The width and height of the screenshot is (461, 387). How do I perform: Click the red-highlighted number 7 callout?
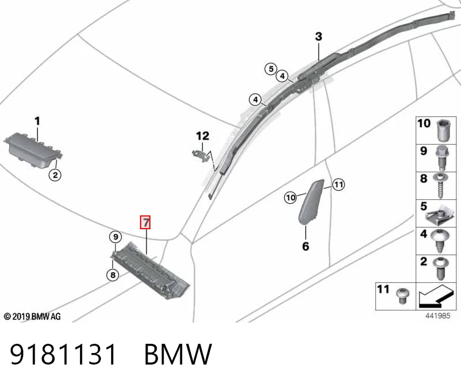point(145,222)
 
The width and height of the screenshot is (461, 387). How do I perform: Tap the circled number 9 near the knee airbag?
point(116,237)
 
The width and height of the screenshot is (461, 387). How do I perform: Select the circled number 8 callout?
point(113,275)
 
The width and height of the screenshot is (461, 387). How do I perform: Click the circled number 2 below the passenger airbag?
point(55,176)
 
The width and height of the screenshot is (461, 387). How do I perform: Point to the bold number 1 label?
point(37,121)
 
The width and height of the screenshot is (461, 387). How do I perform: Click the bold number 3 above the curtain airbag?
point(319,37)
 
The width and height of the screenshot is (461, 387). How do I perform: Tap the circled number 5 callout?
point(271,69)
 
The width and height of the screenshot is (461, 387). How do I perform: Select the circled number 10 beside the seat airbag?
point(290,198)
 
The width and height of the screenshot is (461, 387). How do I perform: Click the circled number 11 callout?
point(338,185)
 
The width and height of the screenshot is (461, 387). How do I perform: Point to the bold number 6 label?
point(306,246)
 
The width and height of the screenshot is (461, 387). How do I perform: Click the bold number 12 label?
point(203,136)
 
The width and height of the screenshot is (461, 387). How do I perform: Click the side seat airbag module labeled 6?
point(311,202)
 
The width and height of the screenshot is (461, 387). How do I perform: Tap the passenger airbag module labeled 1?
point(33,150)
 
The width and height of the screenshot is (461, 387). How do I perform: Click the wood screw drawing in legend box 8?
point(440,185)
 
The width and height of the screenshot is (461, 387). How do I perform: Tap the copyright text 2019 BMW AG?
point(32,317)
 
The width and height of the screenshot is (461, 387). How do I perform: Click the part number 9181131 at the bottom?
point(63,354)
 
